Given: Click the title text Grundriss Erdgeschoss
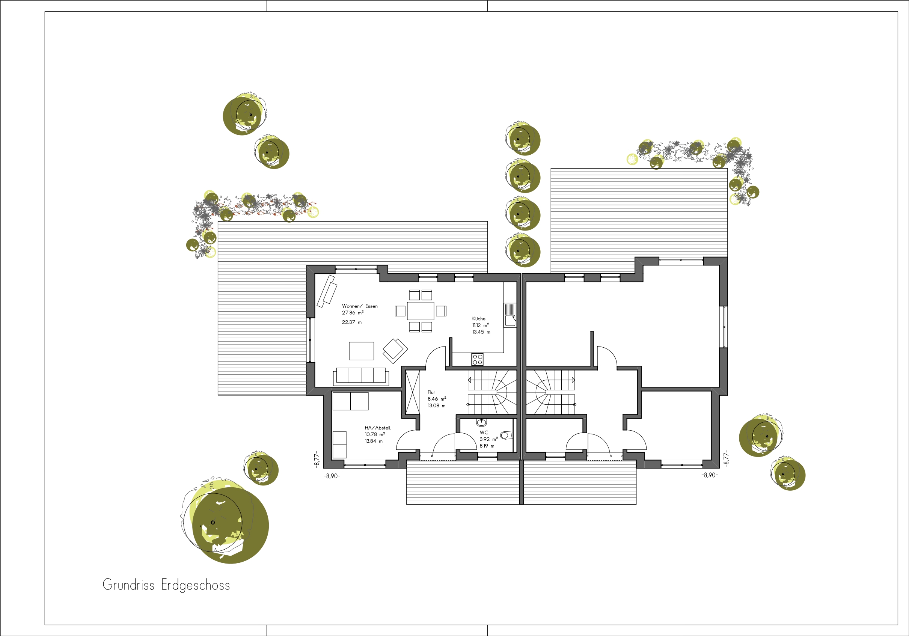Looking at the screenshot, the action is point(166,585).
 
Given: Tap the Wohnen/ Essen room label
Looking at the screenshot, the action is point(360,306).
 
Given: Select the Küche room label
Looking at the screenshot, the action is point(479,319).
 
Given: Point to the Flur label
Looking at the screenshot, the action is point(431,392).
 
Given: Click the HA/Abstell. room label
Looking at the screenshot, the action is point(378,428).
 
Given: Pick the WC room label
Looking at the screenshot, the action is point(484,433).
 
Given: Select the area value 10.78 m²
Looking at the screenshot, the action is point(375,434).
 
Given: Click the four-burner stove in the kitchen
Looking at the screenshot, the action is point(478,359).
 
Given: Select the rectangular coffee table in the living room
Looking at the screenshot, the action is point(362,351).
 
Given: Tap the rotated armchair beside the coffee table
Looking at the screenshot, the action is point(395,351).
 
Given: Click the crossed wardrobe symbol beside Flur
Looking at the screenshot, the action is point(413,392).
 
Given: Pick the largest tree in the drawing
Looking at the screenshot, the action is point(225,521).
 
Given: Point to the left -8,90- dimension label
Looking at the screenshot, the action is point(332,476).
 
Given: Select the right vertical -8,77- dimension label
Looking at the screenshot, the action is point(726,459).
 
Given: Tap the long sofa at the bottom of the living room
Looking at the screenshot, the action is point(361,376).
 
